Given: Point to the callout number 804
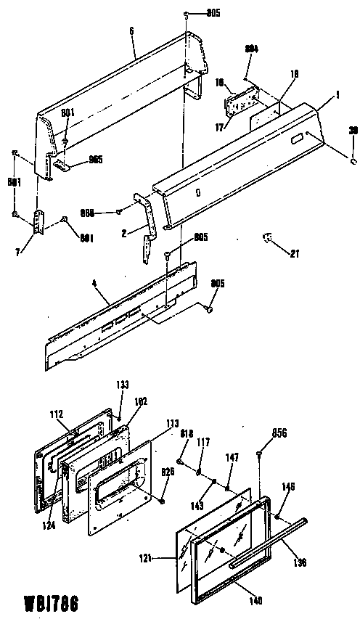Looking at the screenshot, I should tap(252, 49).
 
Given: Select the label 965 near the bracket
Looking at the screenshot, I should tap(94, 161).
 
